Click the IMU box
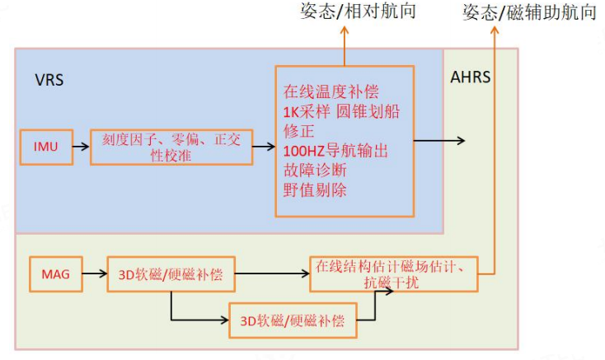tap(45, 146)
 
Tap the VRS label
tap(49, 81)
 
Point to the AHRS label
tap(471, 78)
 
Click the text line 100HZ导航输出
tap(335, 151)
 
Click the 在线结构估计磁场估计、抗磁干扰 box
tap(394, 274)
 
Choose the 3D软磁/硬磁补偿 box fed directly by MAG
tap(171, 274)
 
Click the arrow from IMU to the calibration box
tap(81, 146)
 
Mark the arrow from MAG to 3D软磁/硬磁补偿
tap(94, 274)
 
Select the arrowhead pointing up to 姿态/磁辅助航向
tap(495, 30)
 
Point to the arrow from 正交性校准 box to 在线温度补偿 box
tap(263, 146)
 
